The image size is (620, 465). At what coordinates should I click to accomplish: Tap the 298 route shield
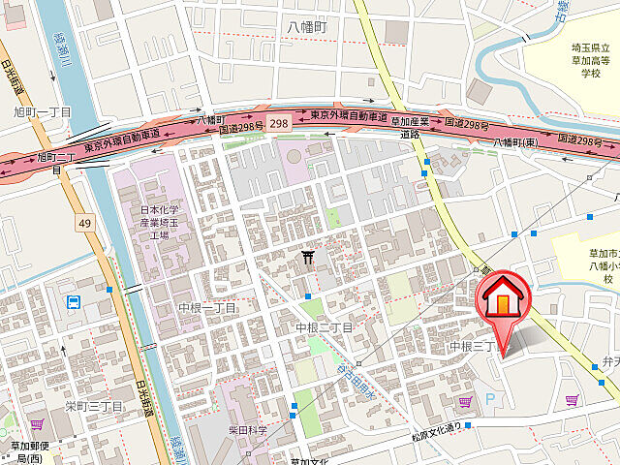tap(279, 123)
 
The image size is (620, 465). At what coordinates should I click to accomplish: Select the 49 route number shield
tap(85, 224)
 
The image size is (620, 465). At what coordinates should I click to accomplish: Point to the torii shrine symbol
tap(308, 257)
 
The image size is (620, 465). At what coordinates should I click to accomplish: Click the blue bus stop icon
tap(74, 302)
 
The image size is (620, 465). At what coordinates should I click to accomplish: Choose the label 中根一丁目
tap(207, 307)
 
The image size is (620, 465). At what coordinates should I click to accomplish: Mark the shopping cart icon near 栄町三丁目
tap(37, 424)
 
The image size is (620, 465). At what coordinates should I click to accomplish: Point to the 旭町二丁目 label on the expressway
tap(56, 162)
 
